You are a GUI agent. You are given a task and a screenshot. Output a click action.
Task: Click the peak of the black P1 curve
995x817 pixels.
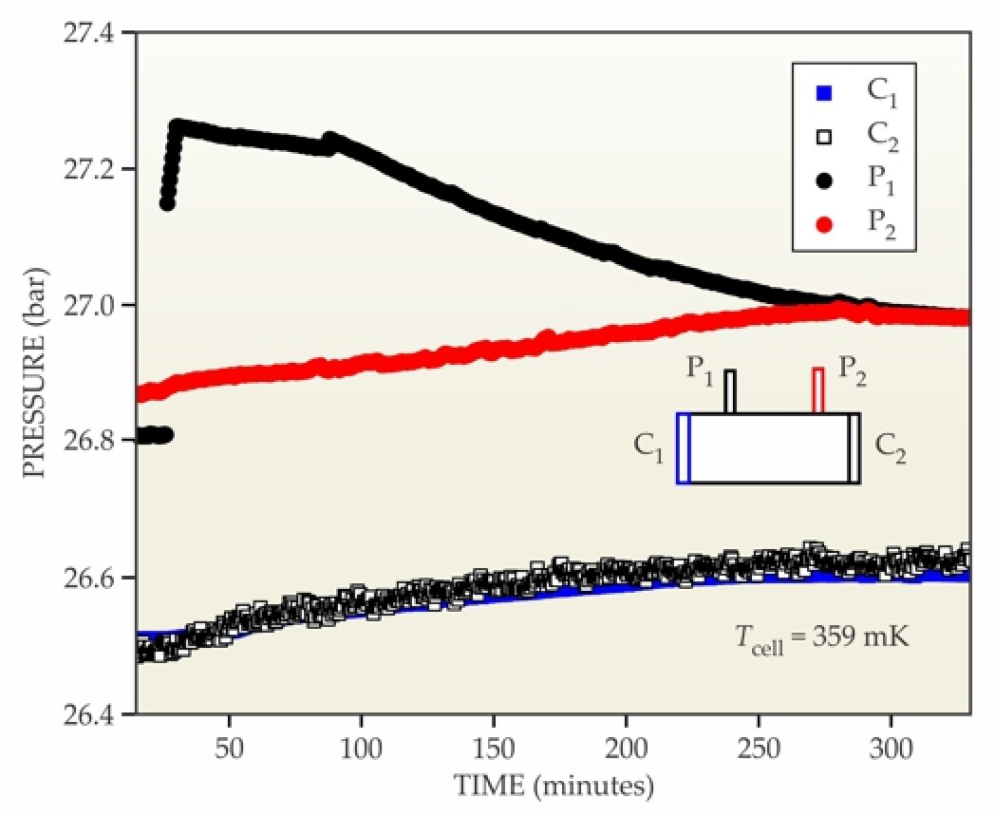177,125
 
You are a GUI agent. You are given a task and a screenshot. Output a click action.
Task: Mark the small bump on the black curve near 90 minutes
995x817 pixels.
329,140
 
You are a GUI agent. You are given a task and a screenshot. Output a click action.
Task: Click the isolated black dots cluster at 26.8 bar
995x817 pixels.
152,435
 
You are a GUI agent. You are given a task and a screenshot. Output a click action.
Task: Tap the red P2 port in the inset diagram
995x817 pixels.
817,390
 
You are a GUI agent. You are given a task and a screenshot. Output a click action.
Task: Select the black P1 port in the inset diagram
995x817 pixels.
730,391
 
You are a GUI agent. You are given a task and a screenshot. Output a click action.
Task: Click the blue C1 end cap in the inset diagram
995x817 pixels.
683,448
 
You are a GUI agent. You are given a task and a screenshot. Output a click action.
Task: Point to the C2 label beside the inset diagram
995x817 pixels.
890,446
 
